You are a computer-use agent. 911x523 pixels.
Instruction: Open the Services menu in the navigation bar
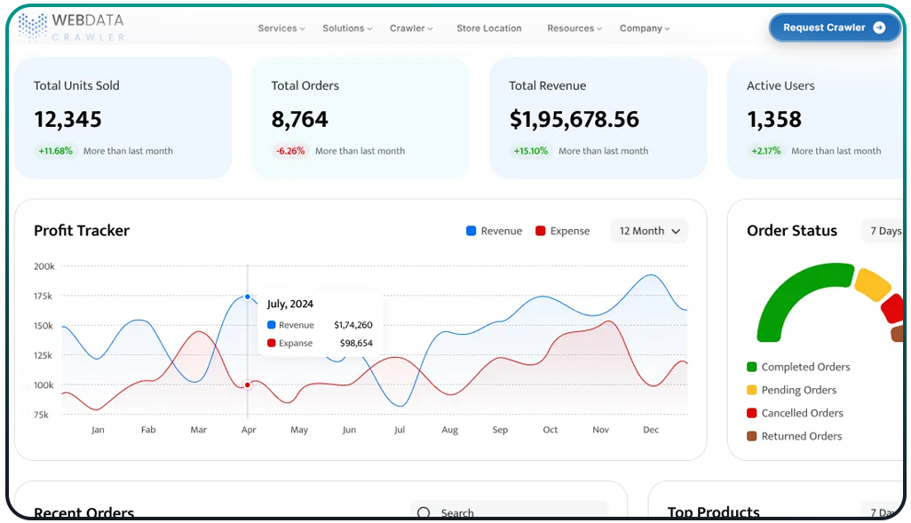pyautogui.click(x=281, y=28)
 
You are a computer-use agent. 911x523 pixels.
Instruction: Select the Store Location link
pyautogui.click(x=489, y=28)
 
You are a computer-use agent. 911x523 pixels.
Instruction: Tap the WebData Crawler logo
pyautogui.click(x=72, y=27)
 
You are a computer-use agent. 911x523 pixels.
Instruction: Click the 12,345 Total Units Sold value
pyautogui.click(x=67, y=119)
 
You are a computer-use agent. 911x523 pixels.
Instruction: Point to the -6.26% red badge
pyautogui.click(x=290, y=151)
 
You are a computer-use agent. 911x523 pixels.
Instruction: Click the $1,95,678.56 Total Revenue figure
pyautogui.click(x=574, y=119)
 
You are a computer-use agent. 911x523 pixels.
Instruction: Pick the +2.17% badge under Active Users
pyautogui.click(x=764, y=151)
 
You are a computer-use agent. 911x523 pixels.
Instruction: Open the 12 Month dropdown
pyautogui.click(x=649, y=231)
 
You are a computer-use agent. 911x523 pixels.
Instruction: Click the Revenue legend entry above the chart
pyautogui.click(x=494, y=231)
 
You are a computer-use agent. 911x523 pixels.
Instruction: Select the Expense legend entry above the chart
pyautogui.click(x=562, y=231)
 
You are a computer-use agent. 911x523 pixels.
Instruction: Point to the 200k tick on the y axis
pyautogui.click(x=44, y=266)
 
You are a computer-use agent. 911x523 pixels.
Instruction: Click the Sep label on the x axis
pyautogui.click(x=500, y=430)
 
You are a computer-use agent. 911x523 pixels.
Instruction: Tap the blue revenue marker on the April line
pyautogui.click(x=248, y=297)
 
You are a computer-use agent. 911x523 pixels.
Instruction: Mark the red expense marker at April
pyautogui.click(x=248, y=384)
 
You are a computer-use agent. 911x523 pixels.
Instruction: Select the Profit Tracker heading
pyautogui.click(x=82, y=231)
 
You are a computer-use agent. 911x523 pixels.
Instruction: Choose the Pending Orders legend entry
pyautogui.click(x=798, y=390)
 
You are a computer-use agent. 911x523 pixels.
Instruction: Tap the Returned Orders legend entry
pyautogui.click(x=801, y=436)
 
